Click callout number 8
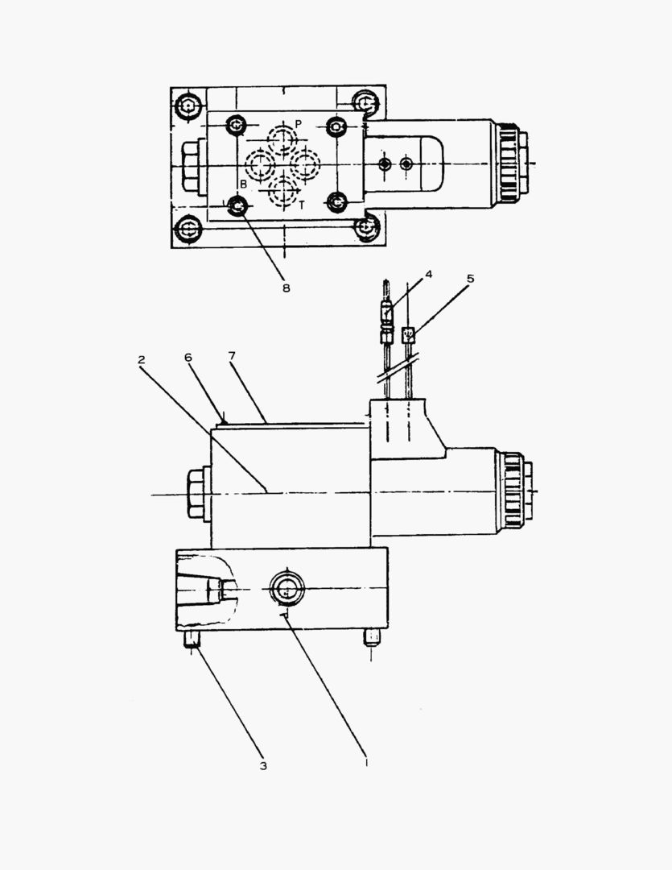pos(286,288)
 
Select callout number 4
pos(428,274)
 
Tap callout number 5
pos(470,279)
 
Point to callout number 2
pos(142,359)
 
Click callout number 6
pos(188,358)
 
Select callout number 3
pos(263,766)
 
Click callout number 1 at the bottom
pos(366,762)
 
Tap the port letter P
pos(299,124)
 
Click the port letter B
pos(243,184)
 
